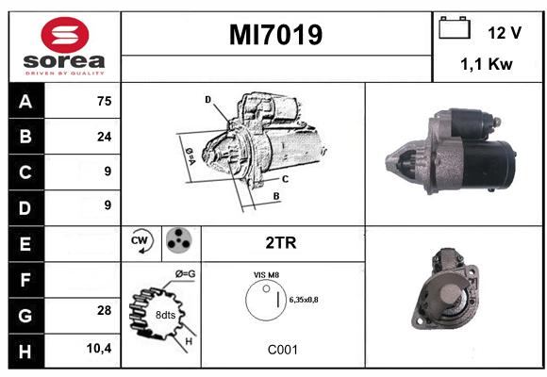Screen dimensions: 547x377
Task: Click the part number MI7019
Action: (x=275, y=35)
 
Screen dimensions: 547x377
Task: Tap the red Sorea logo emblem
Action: (x=65, y=35)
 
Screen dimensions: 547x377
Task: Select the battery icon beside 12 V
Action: (x=455, y=27)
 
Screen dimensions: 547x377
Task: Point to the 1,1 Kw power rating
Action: (x=487, y=64)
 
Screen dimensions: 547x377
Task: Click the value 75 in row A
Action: (x=105, y=101)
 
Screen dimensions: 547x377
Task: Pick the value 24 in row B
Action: (x=105, y=137)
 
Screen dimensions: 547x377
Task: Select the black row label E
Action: (x=25, y=244)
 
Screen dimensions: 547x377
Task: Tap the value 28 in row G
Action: (x=105, y=310)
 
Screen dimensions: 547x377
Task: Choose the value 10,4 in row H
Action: (x=99, y=348)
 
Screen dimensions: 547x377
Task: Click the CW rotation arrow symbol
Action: (x=141, y=240)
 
